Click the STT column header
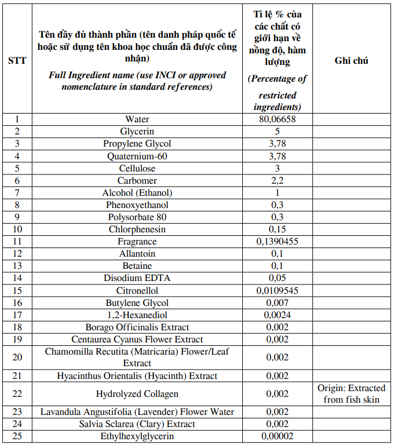17,60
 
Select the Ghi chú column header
351,60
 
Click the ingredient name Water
137,119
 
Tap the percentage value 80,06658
277,119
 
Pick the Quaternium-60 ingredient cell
137,156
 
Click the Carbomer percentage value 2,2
277,181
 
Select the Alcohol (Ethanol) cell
137,193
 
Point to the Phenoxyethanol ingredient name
137,205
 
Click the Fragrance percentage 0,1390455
277,242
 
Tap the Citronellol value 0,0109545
277,290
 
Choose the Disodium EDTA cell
137,278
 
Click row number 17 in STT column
17,315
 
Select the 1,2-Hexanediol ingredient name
137,315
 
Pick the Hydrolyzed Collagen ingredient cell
137,394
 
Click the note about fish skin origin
351,394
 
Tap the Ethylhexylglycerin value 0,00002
277,436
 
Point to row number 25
17,436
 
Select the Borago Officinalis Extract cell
137,327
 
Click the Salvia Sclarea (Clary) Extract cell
137,424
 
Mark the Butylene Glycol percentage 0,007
277,303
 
